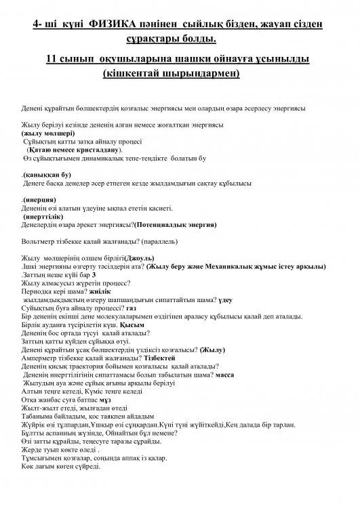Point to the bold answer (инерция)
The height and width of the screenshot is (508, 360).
40,200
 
